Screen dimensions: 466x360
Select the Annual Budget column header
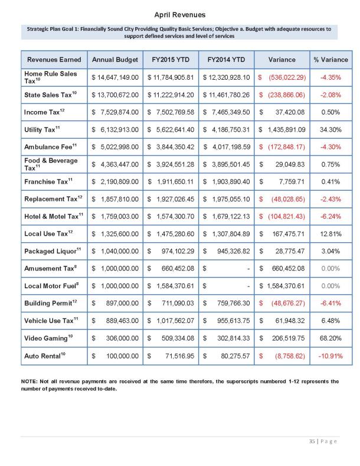pos(115,60)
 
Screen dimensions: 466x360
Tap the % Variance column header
pos(330,60)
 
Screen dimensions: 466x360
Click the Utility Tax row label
pos(41,128)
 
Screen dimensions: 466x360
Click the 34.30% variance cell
pos(330,129)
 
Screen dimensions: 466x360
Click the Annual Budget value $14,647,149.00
pos(115,77)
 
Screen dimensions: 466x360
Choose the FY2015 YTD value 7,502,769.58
pos(171,112)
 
